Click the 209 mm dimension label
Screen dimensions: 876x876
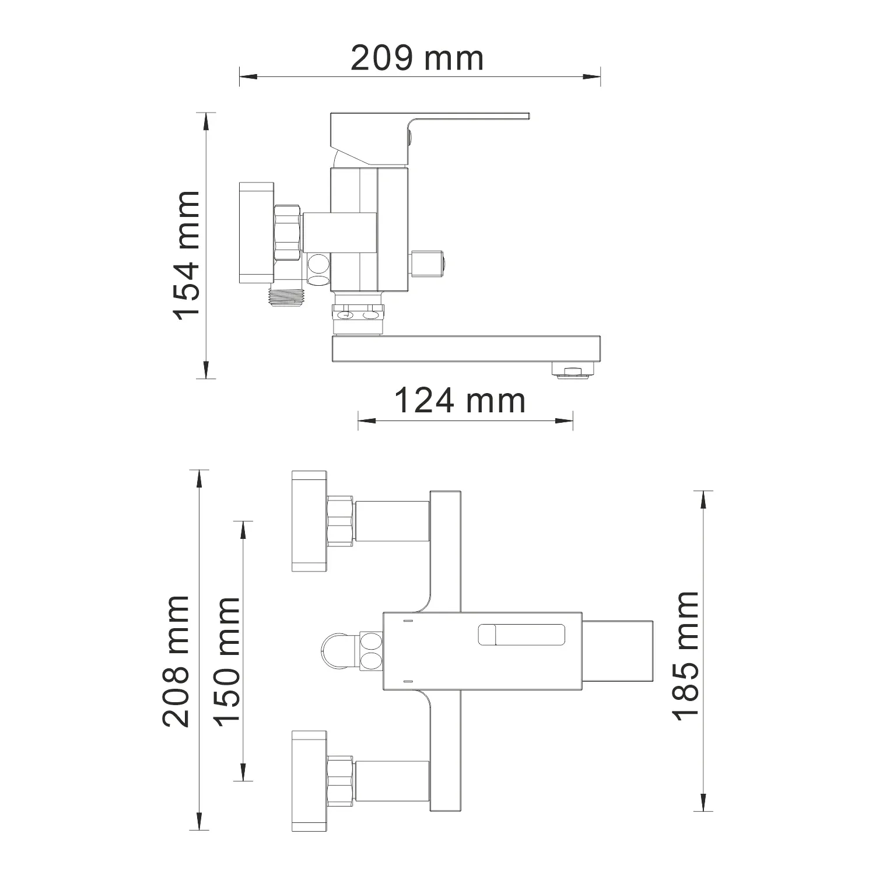point(417,58)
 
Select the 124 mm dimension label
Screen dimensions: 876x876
point(460,401)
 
